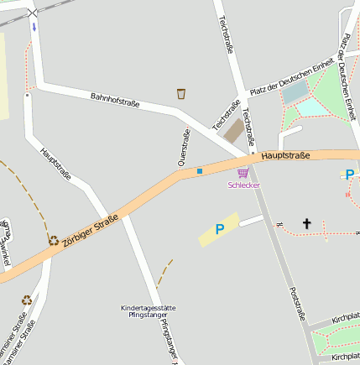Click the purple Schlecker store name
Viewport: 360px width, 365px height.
pos(243,185)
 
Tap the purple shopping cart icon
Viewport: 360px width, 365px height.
pos(243,172)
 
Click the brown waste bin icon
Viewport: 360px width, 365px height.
pos(181,93)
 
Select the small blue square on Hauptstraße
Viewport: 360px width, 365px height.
pos(200,172)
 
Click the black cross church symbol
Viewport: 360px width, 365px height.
pos(306,223)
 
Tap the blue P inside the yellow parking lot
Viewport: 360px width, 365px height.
pos(220,228)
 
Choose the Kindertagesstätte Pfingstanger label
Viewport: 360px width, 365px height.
pos(149,311)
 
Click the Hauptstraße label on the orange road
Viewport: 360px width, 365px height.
pos(285,155)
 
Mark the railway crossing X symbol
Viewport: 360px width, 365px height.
pos(33,13)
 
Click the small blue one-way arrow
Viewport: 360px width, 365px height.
pos(34,27)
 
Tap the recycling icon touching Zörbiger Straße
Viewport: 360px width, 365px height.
pos(54,240)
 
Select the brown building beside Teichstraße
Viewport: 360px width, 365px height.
pos(234,130)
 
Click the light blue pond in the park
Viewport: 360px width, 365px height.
pos(313,107)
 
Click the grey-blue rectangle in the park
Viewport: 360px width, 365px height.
pos(295,92)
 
